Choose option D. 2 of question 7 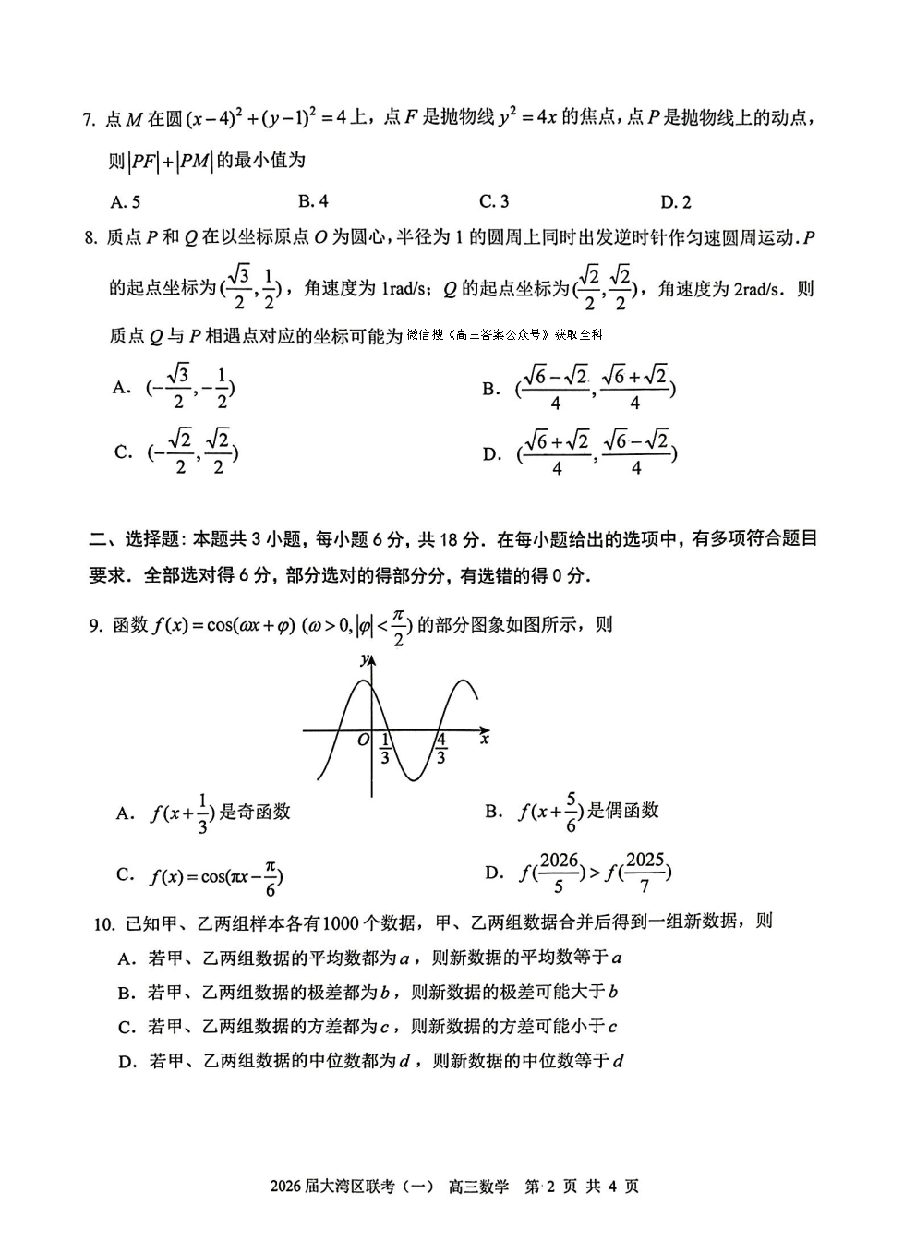675,202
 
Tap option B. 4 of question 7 313,201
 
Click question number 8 89,237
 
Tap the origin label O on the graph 363,740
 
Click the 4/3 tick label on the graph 441,748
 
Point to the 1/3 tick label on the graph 384,748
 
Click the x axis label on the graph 485,739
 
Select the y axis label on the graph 365,659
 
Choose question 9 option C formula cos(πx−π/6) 216,875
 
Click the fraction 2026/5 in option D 559,873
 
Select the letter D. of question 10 128,1062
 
